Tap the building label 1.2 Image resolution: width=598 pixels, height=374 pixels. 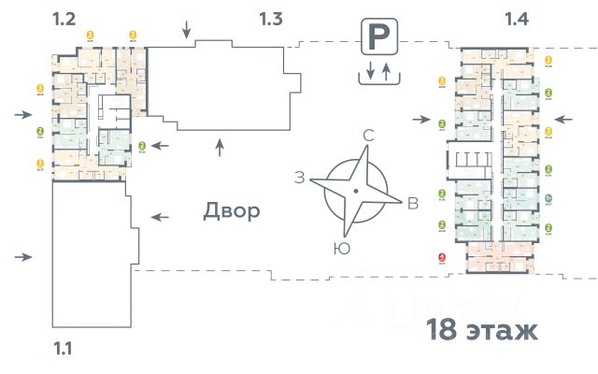pos(63,18)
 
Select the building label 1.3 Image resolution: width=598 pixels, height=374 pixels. pos(270,18)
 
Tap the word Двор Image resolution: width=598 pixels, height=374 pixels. pos(231,211)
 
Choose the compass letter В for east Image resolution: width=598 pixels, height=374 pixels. pos(412,205)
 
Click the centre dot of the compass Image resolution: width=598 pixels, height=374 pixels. pos(356,192)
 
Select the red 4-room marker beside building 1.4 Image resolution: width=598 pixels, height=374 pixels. pos(441,259)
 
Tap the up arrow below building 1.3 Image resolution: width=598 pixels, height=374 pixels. pos(221,145)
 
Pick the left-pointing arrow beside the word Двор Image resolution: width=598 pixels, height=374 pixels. pos(162,217)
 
